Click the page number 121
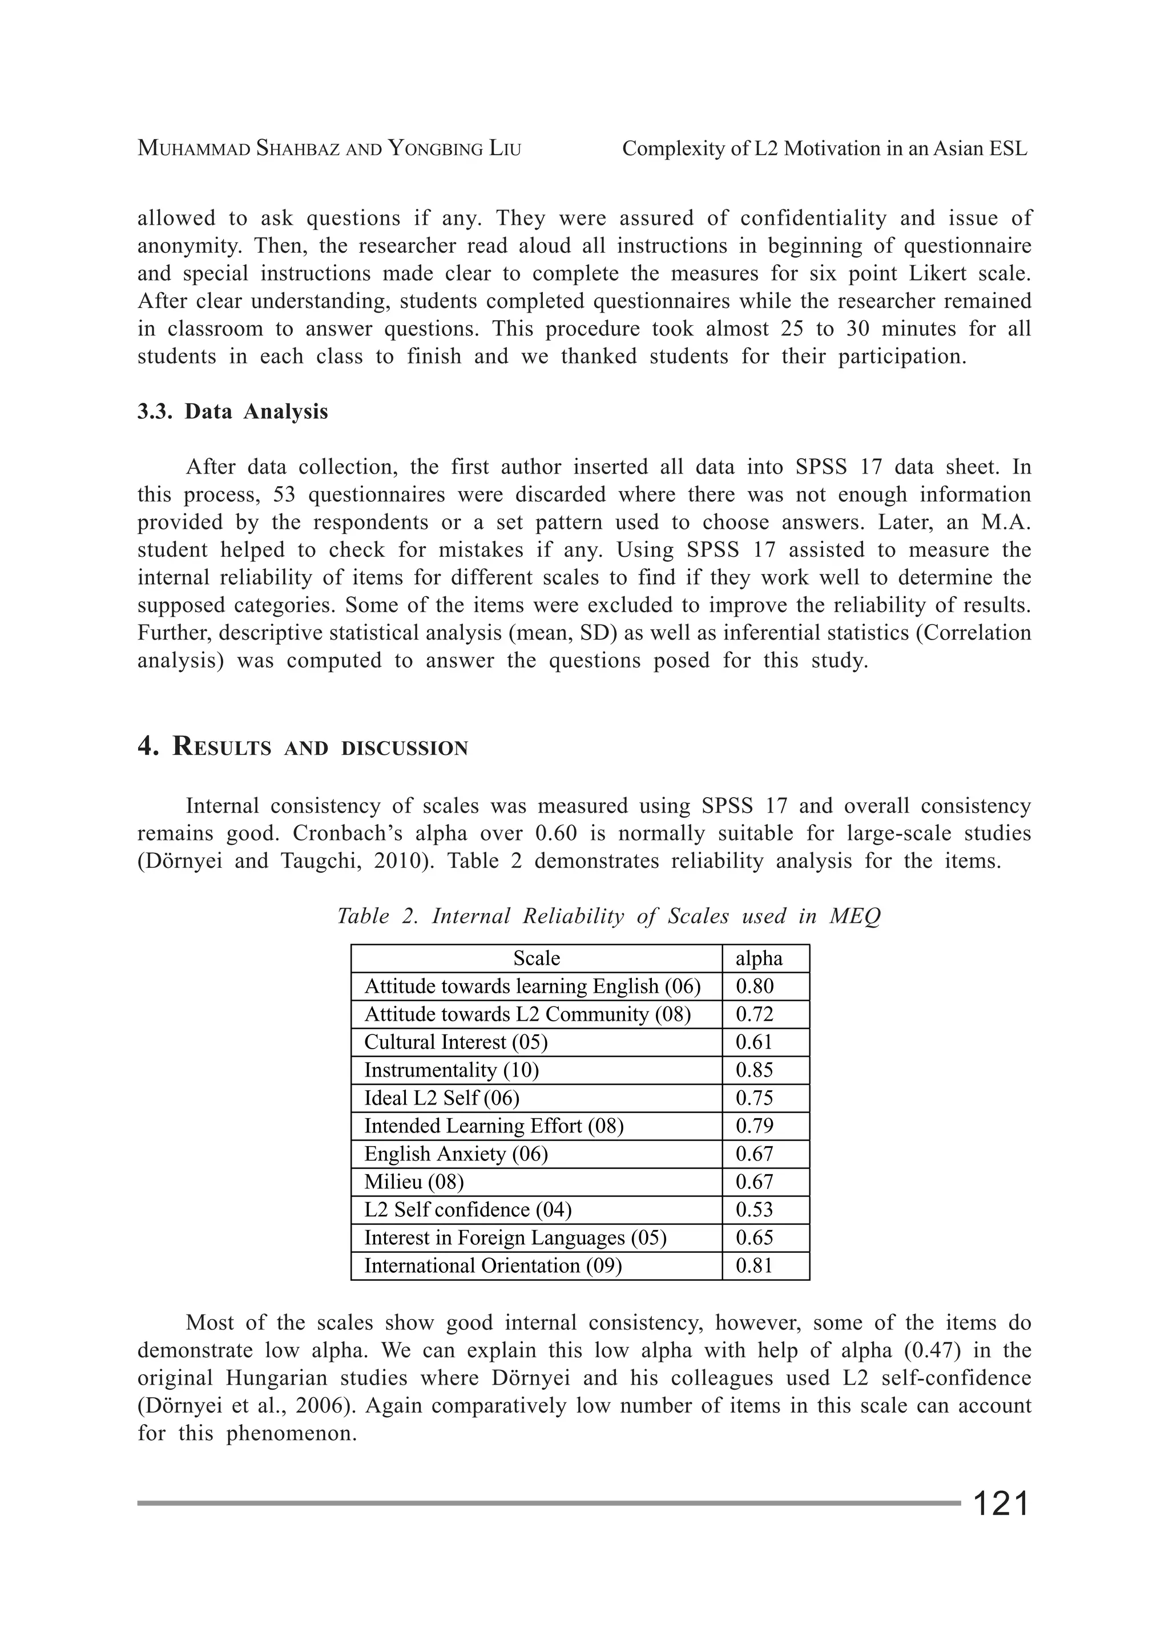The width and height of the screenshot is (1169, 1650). tap(1001, 1504)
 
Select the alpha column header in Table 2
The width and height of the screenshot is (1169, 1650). tap(759, 959)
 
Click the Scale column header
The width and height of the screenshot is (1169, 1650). tap(537, 959)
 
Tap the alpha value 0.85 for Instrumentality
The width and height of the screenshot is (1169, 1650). tap(753, 1070)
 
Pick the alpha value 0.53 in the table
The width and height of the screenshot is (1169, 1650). tap(753, 1210)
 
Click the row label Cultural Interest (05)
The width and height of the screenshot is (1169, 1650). tap(455, 1042)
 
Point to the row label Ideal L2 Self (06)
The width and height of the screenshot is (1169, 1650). tap(441, 1098)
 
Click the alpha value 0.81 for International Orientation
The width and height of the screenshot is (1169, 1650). tap(753, 1266)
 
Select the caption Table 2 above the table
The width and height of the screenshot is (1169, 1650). tap(608, 916)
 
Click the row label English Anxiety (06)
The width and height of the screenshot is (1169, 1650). tap(455, 1154)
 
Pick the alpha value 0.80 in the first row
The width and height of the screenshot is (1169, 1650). tap(753, 986)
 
